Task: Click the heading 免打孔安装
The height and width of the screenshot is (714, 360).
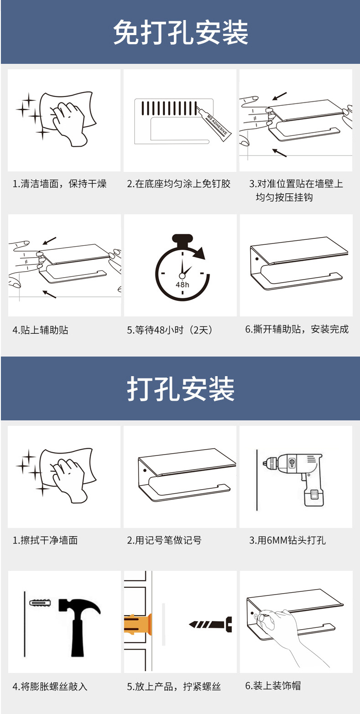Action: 180,33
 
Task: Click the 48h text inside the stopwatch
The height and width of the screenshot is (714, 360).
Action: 182,285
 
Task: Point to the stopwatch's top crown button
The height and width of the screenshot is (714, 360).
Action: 182,239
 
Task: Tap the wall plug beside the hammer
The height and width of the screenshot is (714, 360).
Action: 40,602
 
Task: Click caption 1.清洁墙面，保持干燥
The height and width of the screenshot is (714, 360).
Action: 59,184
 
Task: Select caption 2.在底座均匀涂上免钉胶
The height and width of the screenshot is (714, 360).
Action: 179,184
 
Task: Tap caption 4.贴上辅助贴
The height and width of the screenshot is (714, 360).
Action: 40,330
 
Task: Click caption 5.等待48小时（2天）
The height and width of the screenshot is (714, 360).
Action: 170,330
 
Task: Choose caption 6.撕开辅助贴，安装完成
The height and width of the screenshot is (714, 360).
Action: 297,329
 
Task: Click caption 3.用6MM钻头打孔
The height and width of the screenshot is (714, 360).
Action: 287,540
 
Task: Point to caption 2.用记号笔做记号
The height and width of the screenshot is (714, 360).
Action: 164,540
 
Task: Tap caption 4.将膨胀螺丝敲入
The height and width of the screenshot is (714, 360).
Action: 50,686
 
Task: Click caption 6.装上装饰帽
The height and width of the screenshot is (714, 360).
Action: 273,685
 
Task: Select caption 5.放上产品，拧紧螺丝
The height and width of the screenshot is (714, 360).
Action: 174,686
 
